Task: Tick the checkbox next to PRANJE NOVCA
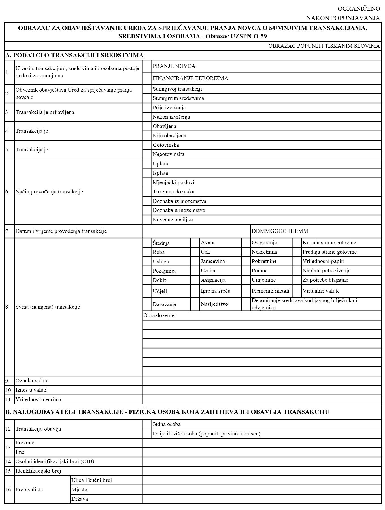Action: (x=147, y=66)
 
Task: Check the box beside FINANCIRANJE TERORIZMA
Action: (x=147, y=78)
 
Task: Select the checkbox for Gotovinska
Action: (x=147, y=145)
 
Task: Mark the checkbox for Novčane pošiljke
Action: (x=147, y=220)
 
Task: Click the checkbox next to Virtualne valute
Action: (x=297, y=291)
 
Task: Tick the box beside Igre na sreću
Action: (x=195, y=291)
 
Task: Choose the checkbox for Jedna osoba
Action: (x=147, y=424)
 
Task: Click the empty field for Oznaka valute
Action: (x=261, y=381)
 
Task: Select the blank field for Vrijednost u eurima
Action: (x=261, y=399)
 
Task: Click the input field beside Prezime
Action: (x=261, y=443)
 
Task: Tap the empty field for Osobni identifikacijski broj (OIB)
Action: (x=261, y=461)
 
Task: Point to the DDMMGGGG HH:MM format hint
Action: (x=280, y=231)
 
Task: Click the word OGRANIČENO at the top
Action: (x=359, y=9)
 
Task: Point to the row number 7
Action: (x=7, y=231)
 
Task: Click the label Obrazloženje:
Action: (x=159, y=315)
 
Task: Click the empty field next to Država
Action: (x=261, y=499)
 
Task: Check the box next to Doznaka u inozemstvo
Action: (x=147, y=210)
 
